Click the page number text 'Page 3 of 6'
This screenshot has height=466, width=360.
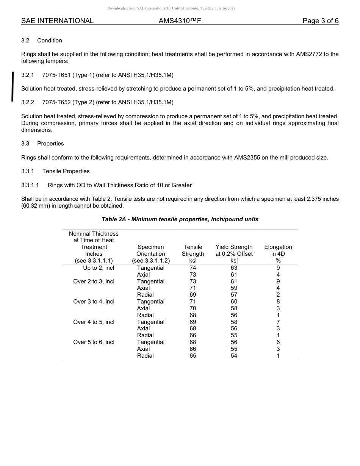point(320,21)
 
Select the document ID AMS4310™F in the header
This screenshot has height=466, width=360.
point(179,21)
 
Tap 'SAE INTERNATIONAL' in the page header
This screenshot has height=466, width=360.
point(57,21)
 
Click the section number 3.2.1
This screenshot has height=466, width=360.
point(28,75)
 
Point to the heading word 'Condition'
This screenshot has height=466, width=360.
point(50,41)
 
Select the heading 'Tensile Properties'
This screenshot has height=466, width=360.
point(66,171)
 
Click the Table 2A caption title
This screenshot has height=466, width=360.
point(180,219)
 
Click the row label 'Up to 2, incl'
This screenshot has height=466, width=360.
point(99,268)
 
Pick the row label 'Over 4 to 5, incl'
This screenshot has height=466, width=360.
point(94,322)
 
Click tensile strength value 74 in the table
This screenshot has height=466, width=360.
point(193,268)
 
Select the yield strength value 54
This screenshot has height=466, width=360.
point(234,356)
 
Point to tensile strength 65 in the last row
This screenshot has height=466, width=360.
point(193,356)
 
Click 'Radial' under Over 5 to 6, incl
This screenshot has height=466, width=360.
point(146,356)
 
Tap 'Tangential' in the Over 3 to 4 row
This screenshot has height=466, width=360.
point(150,302)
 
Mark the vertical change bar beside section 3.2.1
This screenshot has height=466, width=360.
point(13,86)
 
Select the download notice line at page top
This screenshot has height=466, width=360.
point(171,8)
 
